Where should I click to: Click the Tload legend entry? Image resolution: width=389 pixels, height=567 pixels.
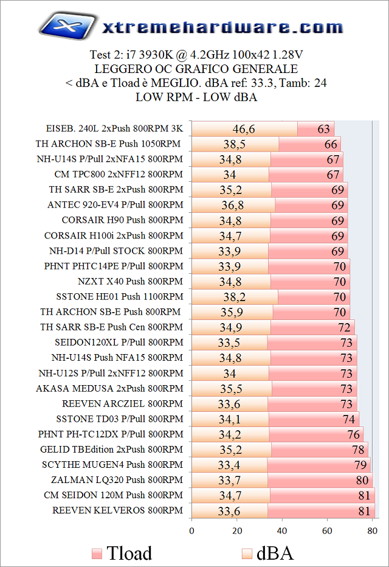tap(122, 553)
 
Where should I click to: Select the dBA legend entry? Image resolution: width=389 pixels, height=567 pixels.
tap(267, 553)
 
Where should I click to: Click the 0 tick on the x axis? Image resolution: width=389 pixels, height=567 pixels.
tap(191, 530)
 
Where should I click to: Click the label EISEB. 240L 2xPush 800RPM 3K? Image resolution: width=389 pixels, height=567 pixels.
tap(114, 129)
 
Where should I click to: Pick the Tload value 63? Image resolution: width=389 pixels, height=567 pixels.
tap(323, 129)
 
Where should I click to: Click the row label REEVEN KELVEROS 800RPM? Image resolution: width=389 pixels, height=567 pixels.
tap(117, 510)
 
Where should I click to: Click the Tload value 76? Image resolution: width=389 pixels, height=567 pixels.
tap(353, 434)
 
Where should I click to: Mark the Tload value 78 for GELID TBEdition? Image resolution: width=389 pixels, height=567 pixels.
tap(358, 450)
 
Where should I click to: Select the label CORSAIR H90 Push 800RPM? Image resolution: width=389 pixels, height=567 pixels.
tap(122, 220)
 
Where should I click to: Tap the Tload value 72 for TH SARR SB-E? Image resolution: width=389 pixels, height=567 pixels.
tap(344, 327)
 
